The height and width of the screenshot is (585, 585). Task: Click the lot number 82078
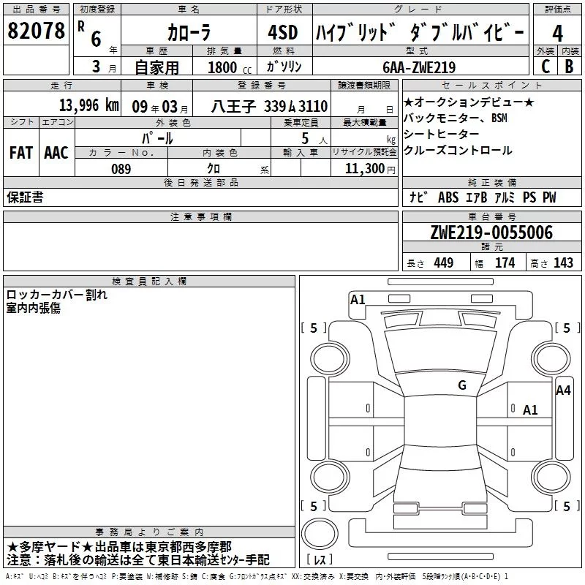coord(36,31)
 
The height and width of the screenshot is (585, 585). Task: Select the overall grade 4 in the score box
coord(557,34)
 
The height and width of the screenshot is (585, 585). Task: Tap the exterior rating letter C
coord(546,67)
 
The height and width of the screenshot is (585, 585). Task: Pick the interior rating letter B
coord(569,67)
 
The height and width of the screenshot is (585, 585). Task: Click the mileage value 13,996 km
coord(88,105)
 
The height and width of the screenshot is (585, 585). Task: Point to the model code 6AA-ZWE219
coord(419,67)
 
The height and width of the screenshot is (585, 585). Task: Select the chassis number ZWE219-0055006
coord(491,233)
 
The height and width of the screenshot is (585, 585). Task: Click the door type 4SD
coord(283,32)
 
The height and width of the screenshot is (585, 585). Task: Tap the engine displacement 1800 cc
coord(230,67)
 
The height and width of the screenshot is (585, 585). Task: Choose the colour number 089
coord(121,169)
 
